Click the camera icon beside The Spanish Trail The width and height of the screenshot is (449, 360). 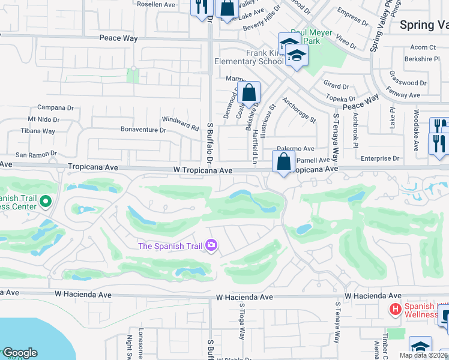[211, 245]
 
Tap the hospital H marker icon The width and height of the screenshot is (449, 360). [395, 309]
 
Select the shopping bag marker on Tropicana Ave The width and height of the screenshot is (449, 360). [283, 161]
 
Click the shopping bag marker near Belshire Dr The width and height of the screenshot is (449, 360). [249, 93]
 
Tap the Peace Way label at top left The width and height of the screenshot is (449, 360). [118, 38]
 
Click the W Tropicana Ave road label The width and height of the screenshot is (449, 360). [202, 170]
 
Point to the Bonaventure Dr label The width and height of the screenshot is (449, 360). [143, 130]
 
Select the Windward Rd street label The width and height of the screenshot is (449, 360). [186, 127]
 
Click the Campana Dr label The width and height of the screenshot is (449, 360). [59, 109]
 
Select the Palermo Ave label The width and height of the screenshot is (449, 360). [295, 149]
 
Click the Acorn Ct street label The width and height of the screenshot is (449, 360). [423, 47]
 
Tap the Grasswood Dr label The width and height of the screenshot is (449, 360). [407, 83]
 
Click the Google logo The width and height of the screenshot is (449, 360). [19, 353]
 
